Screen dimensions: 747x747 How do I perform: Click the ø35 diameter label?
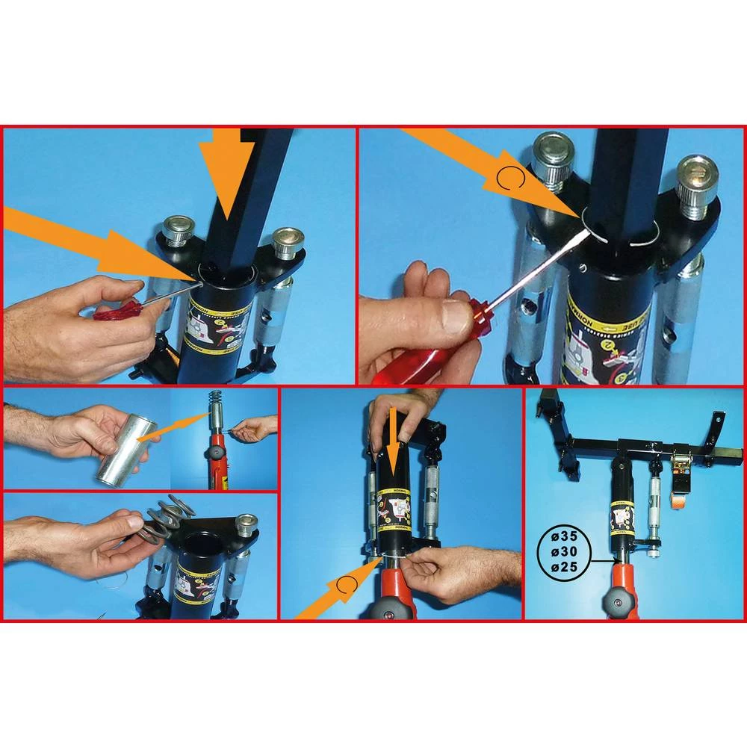click(565, 536)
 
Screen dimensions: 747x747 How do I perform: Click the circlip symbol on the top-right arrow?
click(507, 179)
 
